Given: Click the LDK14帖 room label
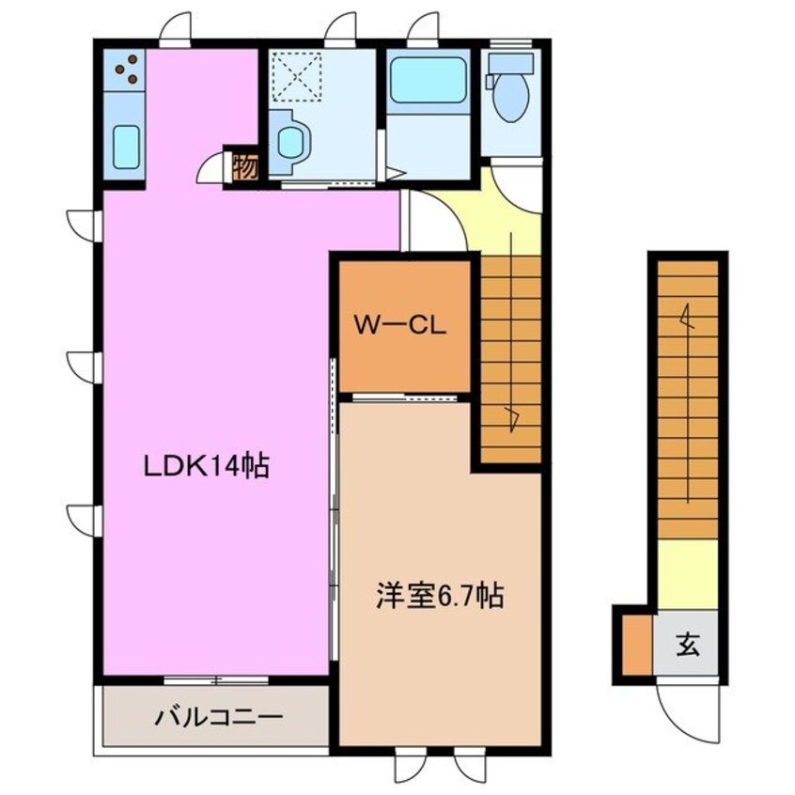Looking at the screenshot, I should (x=206, y=464).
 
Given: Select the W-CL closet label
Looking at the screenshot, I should (x=399, y=326).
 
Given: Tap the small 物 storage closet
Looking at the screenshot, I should (x=244, y=167).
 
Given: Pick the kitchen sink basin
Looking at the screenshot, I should (x=127, y=147).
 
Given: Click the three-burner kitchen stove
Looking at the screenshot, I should (x=125, y=68).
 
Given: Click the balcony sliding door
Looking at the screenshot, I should (x=215, y=678).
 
